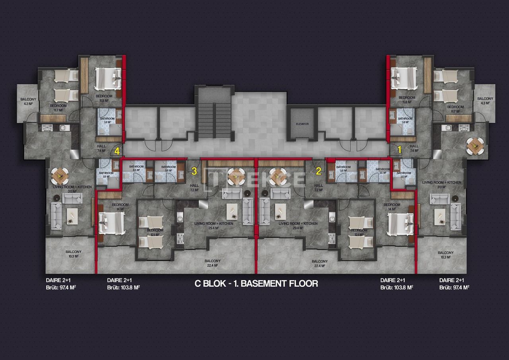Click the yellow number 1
point(400,149)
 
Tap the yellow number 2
point(319,171)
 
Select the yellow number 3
point(194,171)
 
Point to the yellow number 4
point(117,151)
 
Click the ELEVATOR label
point(302,124)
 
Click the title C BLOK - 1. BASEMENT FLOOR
point(256,284)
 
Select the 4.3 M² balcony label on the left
point(29,101)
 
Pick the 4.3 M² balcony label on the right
point(485,101)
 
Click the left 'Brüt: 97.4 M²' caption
point(60,286)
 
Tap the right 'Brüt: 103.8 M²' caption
point(396,286)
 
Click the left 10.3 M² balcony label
point(74,254)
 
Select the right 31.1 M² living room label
point(441,184)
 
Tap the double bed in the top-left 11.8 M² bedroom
point(107,78)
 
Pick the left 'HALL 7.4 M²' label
point(101,148)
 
